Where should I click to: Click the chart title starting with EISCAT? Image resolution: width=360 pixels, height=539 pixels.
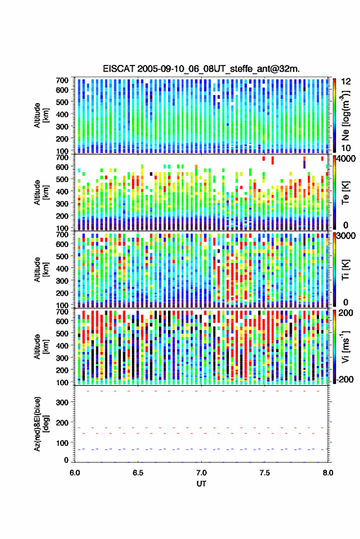click(x=201, y=69)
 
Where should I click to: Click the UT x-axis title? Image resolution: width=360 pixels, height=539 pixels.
click(x=201, y=484)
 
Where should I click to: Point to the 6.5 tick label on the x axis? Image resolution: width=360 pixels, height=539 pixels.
click(x=138, y=473)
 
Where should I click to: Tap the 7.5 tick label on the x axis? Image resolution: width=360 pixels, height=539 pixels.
click(x=264, y=473)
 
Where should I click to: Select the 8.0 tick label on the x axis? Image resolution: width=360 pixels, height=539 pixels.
click(x=327, y=473)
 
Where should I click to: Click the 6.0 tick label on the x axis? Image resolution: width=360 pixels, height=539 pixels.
click(x=75, y=473)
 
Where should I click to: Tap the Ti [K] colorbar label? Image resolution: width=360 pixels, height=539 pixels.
click(x=345, y=270)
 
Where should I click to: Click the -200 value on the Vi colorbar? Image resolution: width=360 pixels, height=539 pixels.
click(x=344, y=379)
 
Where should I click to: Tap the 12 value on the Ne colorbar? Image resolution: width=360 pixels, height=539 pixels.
click(x=346, y=82)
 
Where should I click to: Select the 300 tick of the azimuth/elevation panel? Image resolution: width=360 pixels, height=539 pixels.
click(x=62, y=402)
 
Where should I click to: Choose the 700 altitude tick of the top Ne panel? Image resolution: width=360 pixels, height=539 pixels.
click(x=62, y=80)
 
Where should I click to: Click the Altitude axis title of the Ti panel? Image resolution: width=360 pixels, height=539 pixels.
click(x=40, y=270)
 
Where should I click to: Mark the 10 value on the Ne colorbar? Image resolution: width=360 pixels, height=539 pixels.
click(x=346, y=148)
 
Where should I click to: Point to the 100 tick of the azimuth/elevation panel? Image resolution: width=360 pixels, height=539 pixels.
click(x=62, y=443)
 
